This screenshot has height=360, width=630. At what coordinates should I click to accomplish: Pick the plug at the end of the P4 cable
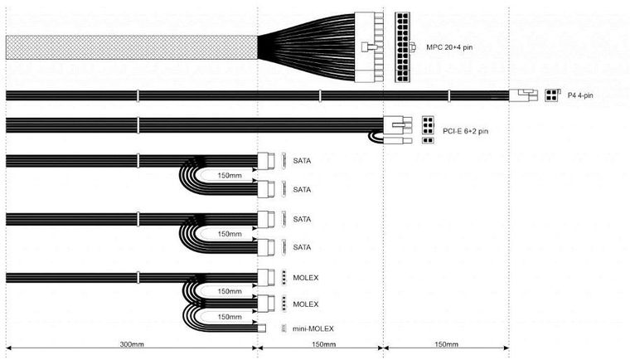pyautogui.click(x=525, y=95)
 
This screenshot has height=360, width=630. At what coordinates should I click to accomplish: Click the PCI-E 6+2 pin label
pyautogui.click(x=465, y=131)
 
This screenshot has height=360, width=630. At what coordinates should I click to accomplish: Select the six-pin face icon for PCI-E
pyautogui.click(x=429, y=124)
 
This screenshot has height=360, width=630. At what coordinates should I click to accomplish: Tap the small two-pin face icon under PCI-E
pyautogui.click(x=428, y=141)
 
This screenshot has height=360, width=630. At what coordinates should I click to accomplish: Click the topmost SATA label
pyautogui.click(x=302, y=161)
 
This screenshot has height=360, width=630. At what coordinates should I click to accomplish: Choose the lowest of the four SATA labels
pyautogui.click(x=302, y=247)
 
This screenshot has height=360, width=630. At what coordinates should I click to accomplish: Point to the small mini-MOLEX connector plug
pyautogui.click(x=260, y=328)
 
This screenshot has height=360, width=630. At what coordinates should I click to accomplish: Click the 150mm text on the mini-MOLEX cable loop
pyautogui.click(x=229, y=317)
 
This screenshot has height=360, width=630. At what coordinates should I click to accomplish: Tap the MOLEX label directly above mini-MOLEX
pyautogui.click(x=306, y=304)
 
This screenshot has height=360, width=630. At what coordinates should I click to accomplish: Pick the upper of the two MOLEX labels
pyautogui.click(x=306, y=276)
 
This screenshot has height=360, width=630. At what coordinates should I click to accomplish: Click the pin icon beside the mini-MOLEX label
pyautogui.click(x=284, y=328)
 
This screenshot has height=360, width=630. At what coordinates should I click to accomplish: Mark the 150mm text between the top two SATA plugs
pyautogui.click(x=229, y=176)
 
